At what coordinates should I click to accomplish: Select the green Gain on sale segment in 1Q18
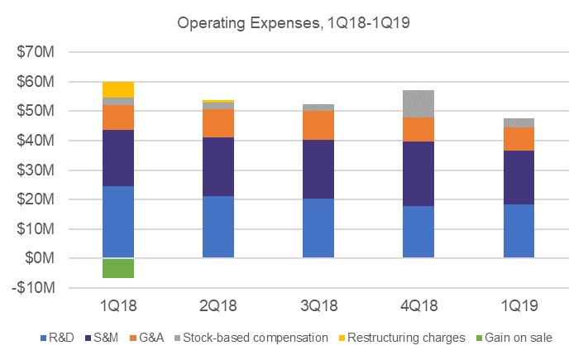(x=118, y=268)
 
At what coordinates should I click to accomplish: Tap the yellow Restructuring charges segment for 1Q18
(x=118, y=89)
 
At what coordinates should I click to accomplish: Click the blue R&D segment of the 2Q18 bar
(x=218, y=227)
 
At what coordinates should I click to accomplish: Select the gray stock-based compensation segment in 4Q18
(x=418, y=103)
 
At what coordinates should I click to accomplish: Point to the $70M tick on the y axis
(x=36, y=53)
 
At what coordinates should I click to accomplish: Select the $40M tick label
(x=36, y=141)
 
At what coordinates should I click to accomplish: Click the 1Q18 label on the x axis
(x=118, y=307)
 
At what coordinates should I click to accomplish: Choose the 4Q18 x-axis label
(x=418, y=307)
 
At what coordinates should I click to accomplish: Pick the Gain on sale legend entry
(x=512, y=338)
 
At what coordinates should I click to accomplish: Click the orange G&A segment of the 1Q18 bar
(x=118, y=118)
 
